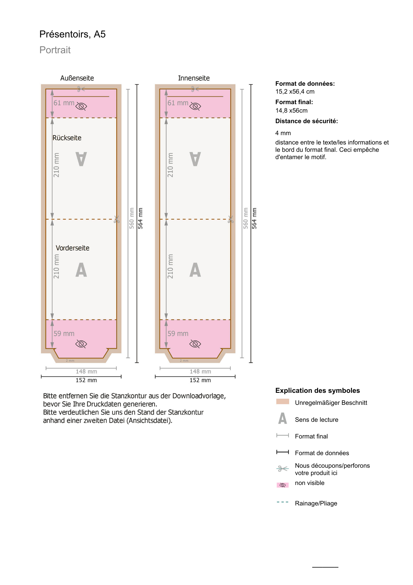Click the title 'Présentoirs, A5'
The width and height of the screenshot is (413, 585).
(72, 34)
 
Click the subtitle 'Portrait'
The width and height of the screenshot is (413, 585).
(55, 50)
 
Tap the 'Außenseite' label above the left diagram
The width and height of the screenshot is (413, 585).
(77, 78)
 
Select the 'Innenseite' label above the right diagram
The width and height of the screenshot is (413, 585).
(194, 78)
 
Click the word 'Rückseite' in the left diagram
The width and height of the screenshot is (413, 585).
(67, 138)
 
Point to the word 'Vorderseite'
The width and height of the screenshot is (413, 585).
(72, 248)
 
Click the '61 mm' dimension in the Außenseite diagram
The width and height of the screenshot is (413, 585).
(64, 103)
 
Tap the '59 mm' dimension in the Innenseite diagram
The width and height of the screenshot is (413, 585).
(178, 334)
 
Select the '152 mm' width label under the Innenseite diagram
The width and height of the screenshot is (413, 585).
(200, 380)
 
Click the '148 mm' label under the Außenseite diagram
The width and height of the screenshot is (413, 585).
(86, 371)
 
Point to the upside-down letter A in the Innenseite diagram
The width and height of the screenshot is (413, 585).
(195, 159)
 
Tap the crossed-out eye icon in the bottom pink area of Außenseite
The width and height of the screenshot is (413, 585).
(81, 344)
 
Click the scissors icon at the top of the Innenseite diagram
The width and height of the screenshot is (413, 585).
(195, 89)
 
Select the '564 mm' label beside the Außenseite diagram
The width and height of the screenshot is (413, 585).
(140, 218)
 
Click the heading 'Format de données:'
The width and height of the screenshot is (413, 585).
(305, 84)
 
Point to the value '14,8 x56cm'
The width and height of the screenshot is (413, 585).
(291, 111)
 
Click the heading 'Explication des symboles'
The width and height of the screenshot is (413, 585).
(317, 390)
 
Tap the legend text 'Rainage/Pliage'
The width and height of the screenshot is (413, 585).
(316, 503)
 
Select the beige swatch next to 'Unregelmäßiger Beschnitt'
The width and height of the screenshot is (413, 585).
(282, 402)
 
